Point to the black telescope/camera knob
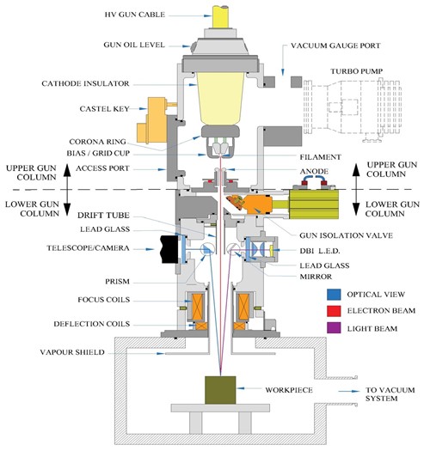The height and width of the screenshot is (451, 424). (x=161, y=250)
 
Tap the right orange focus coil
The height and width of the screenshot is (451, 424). (x=247, y=308)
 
